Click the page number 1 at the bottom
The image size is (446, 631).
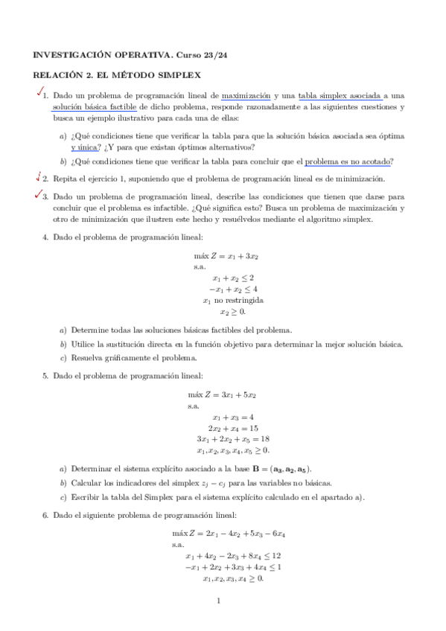point(218,600)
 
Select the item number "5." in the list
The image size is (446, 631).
point(45,376)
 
